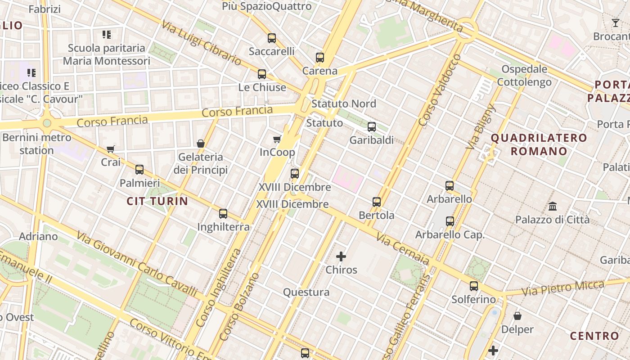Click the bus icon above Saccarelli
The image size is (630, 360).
point(272,38)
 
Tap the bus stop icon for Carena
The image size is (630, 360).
point(320,58)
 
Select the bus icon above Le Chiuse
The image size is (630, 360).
point(262,74)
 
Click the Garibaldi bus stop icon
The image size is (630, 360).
point(372,127)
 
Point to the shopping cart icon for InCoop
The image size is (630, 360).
point(277,139)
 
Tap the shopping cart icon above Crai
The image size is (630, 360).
point(111,149)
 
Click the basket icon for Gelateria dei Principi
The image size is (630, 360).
point(201,144)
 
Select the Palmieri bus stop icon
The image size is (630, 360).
point(139,170)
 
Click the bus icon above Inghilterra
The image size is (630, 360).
point(223,214)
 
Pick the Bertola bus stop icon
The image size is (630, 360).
point(377,202)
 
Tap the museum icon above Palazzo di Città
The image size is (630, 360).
point(553,207)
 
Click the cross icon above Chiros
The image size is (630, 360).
point(341,257)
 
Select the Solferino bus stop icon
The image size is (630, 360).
point(474,286)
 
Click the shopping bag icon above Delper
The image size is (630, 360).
point(517,316)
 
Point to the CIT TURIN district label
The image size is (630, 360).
point(157,201)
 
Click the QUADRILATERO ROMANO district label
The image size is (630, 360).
point(539,144)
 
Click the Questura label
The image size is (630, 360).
point(306,292)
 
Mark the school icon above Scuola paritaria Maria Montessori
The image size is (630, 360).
point(107,35)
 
